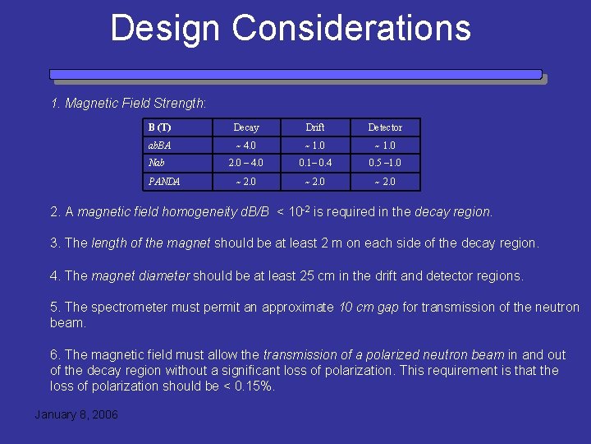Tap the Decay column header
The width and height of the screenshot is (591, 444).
pyautogui.click(x=246, y=127)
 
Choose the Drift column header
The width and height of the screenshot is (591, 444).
pyautogui.click(x=315, y=127)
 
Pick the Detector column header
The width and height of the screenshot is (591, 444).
pyautogui.click(x=385, y=127)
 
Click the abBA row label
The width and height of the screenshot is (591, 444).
pyautogui.click(x=160, y=146)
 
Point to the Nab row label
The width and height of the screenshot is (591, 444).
pyautogui.click(x=156, y=163)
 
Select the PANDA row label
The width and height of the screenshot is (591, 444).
pyautogui.click(x=164, y=182)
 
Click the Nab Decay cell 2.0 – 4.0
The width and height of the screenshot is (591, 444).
pyautogui.click(x=246, y=163)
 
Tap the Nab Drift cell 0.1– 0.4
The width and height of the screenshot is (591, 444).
pyautogui.click(x=315, y=163)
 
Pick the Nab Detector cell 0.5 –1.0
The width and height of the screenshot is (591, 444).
pyautogui.click(x=385, y=163)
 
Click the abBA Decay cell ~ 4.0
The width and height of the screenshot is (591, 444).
pyautogui.click(x=246, y=146)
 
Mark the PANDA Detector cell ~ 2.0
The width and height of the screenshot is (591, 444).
pyautogui.click(x=385, y=182)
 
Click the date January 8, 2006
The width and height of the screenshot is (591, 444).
pyautogui.click(x=76, y=414)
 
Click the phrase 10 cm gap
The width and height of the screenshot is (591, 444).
pyautogui.click(x=369, y=308)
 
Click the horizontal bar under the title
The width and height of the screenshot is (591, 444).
pyautogui.click(x=295, y=75)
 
